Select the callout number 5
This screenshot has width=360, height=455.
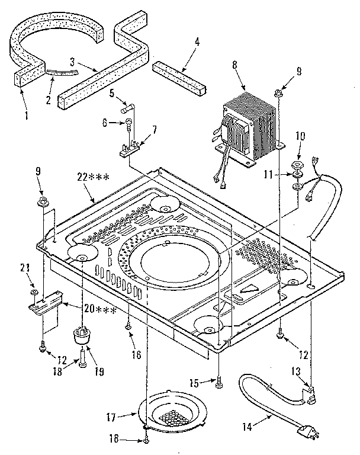tap(111, 94)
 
